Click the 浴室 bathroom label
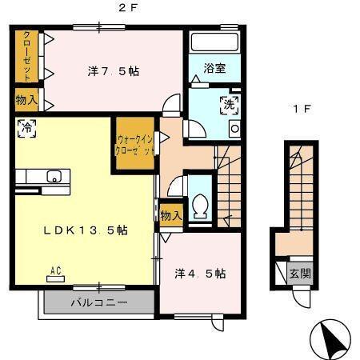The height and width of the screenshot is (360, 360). point(214,69)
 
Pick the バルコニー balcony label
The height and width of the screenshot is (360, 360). point(98,303)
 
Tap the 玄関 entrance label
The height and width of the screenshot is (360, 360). point(299,274)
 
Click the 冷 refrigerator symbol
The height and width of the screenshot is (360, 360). point(26,128)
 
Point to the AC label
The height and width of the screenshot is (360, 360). point(57,270)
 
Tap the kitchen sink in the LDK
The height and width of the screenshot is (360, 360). point(54,177)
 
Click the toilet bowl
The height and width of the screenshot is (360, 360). point(200,206)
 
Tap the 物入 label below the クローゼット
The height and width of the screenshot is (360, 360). point(26,101)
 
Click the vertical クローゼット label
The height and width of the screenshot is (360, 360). point(27,55)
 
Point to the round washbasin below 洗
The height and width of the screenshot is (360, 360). point(234,128)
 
